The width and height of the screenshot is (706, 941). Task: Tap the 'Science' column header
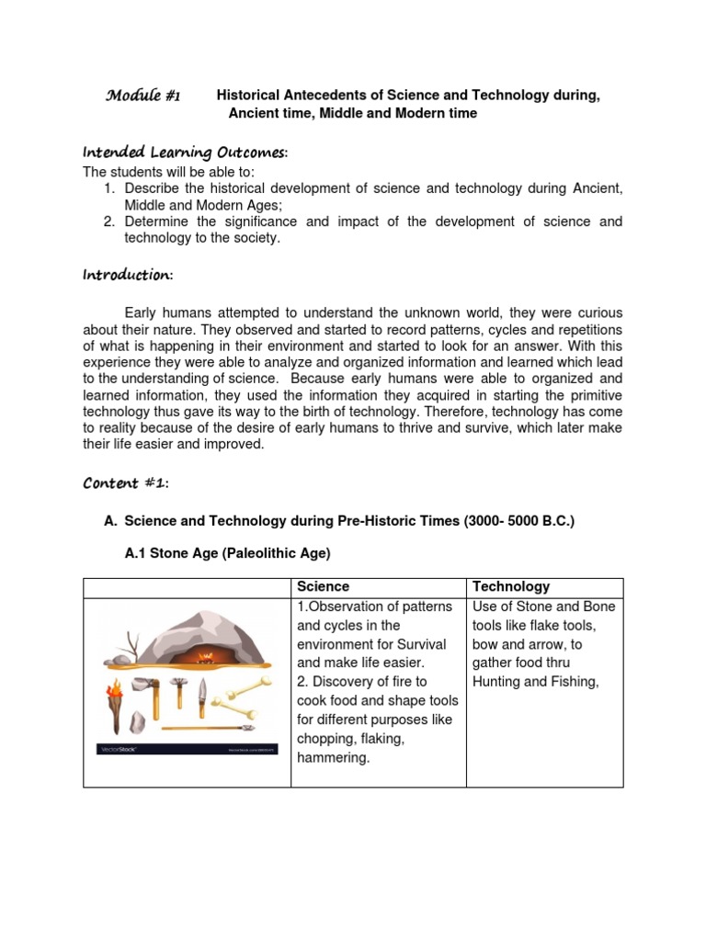pos(323,586)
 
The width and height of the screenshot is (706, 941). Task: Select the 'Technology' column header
pos(511,586)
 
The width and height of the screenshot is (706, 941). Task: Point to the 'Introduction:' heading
pos(128,275)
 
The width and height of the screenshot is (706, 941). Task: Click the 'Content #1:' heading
pos(126,483)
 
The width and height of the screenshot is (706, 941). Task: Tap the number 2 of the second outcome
pos(109,221)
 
